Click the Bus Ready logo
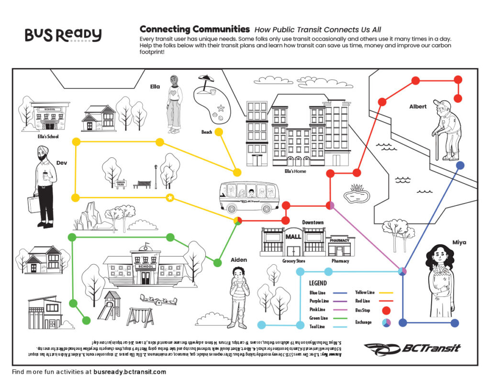63,35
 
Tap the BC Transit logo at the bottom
412,349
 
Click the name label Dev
62,163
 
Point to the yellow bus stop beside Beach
219,131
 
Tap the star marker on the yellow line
169,198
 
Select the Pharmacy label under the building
340,261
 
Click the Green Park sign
121,182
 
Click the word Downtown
312,222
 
